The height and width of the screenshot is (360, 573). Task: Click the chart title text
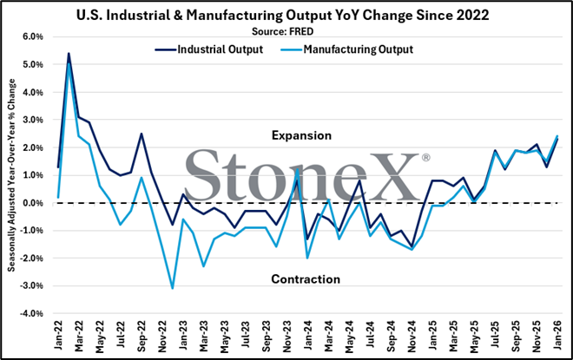[282, 16]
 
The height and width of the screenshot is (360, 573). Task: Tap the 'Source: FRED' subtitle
[282, 32]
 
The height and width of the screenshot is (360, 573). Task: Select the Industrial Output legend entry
[209, 49]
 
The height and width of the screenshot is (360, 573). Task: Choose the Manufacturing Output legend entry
[346, 49]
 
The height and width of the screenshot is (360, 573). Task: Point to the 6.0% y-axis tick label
[33, 37]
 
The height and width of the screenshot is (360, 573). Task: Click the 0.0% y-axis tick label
[33, 203]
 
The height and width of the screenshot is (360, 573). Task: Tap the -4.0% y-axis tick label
[32, 314]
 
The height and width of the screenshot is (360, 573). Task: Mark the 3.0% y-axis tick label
[33, 120]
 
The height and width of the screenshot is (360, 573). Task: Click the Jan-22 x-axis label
[58, 336]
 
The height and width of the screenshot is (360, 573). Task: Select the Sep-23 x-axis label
[267, 337]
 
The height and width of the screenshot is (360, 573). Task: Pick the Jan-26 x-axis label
[557, 336]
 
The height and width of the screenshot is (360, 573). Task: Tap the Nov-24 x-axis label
[412, 337]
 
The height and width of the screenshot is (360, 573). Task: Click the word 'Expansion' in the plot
[301, 136]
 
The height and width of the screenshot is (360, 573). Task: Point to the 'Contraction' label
[306, 279]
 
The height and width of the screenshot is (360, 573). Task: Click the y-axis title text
[11, 175]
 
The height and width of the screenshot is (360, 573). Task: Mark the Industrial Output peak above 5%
[69, 54]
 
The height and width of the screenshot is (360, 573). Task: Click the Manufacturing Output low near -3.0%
[173, 289]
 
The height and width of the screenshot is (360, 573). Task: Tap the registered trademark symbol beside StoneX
[425, 157]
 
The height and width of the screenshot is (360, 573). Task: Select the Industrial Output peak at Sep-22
[142, 134]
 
